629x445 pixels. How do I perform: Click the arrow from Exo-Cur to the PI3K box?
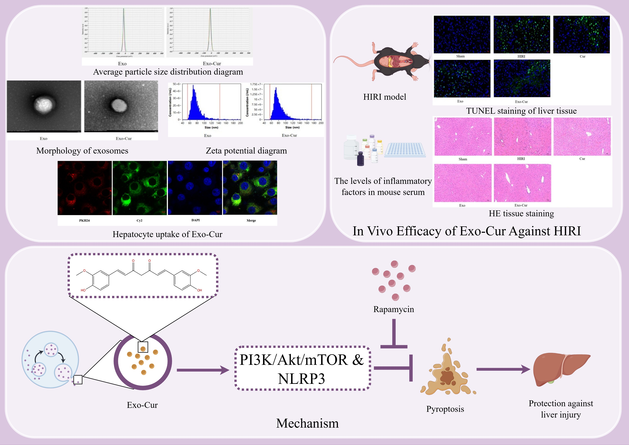[203, 370]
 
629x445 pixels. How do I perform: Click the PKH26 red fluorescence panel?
[85, 188]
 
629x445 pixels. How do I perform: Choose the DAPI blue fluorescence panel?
[195, 188]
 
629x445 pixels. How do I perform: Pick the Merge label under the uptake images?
[251, 220]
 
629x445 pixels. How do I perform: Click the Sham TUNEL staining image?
[462, 34]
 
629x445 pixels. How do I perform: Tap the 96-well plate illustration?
[405, 150]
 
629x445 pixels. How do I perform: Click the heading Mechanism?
[307, 423]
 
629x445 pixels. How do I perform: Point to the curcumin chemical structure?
[142, 275]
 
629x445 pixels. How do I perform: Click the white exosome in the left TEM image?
[43, 104]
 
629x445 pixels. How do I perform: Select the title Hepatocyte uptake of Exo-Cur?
[167, 234]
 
